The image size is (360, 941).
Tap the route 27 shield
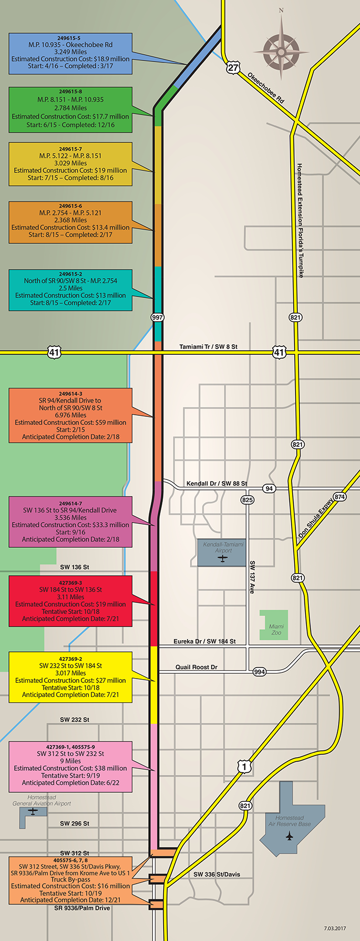tap(233, 68)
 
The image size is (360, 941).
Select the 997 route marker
tap(157, 318)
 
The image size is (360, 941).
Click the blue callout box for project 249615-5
tap(70, 54)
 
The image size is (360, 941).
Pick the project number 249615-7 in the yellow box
tap(70, 149)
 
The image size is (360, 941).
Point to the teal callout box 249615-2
tap(70, 290)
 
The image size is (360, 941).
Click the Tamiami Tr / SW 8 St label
tap(208, 347)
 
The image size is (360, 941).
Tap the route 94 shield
tap(269, 488)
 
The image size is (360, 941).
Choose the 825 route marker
tap(248, 499)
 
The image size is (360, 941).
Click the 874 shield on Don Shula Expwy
tap(340, 497)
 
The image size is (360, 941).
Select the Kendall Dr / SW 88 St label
tap(217, 484)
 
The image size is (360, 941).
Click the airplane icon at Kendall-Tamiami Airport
tap(223, 558)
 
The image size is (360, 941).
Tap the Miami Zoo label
tap(276, 629)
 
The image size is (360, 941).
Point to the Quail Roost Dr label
tap(196, 667)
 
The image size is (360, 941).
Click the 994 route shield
tap(260, 672)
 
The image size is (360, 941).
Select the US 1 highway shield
tap(244, 767)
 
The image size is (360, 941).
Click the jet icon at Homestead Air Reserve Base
tap(290, 836)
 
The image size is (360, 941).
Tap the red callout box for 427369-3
tap(70, 601)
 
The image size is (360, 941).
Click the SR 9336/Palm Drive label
tap(82, 908)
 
